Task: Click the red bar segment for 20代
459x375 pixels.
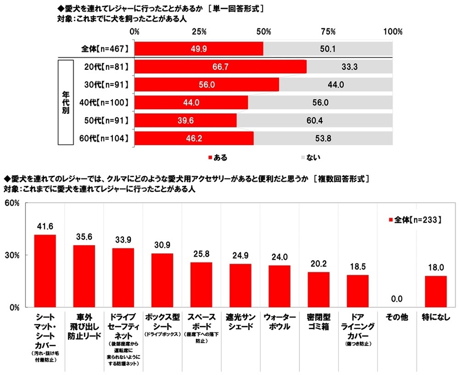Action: (220, 66)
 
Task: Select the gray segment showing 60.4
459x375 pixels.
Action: (314, 120)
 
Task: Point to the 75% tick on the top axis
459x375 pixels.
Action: (328, 32)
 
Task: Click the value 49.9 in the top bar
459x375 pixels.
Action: (198, 49)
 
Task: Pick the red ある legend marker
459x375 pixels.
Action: (210, 157)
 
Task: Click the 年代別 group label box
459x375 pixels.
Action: (65, 102)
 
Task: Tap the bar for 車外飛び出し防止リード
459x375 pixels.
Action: (84, 276)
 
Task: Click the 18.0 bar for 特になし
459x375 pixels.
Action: (436, 292)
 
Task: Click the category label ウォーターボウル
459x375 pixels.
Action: (279, 322)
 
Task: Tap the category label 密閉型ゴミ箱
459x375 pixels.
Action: (318, 322)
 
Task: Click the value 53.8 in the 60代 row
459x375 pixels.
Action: (323, 138)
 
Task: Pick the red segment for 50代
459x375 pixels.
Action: (186, 120)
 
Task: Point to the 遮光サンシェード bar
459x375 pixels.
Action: (240, 286)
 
